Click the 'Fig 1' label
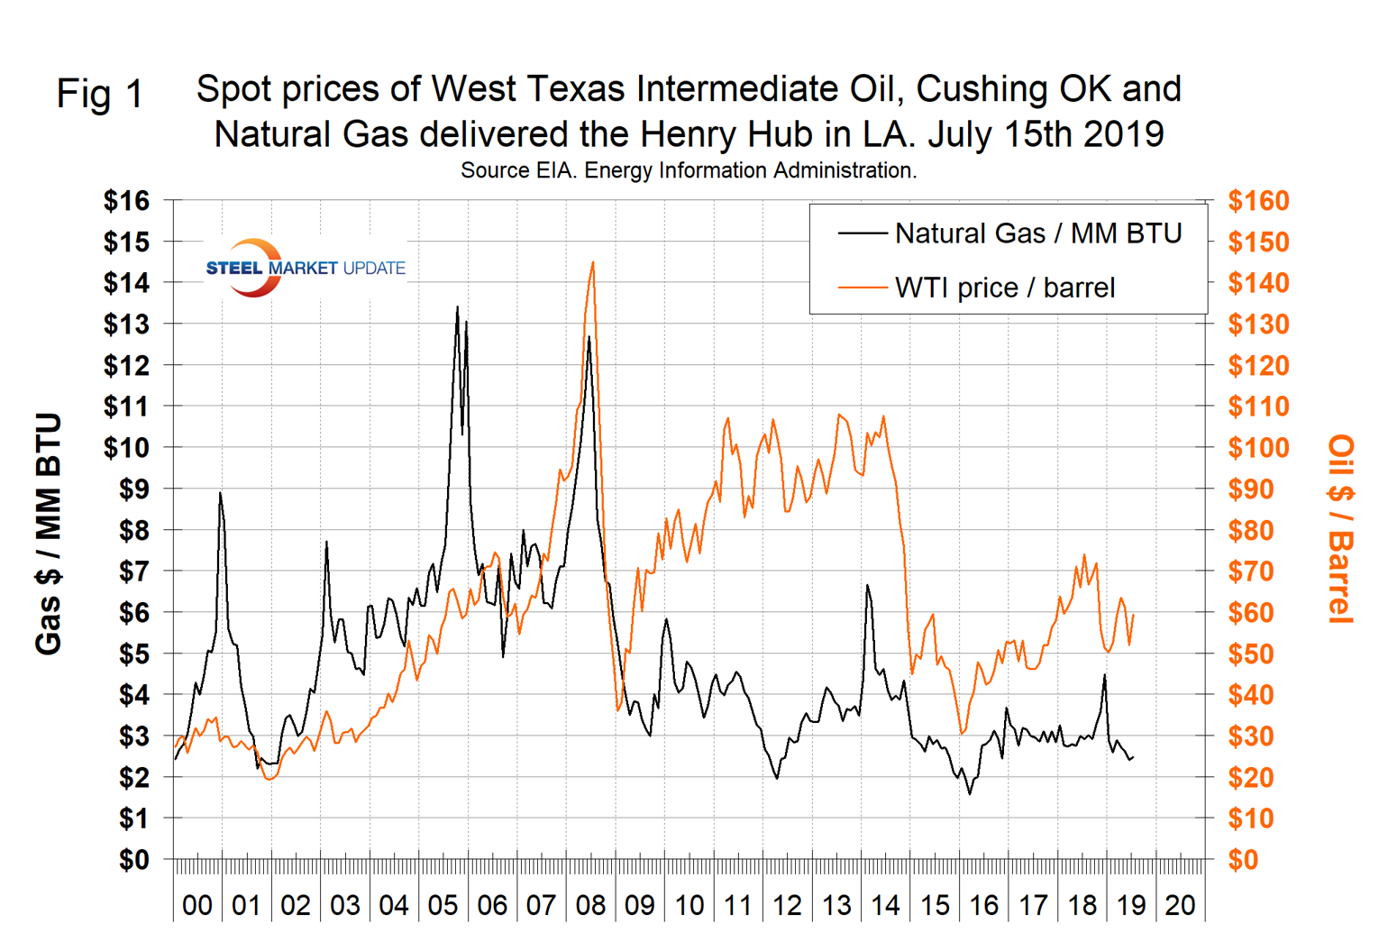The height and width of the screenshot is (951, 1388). click(x=99, y=94)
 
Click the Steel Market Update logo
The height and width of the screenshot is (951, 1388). click(x=305, y=268)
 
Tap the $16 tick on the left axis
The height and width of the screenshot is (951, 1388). click(x=126, y=201)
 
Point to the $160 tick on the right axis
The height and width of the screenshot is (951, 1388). click(x=1258, y=201)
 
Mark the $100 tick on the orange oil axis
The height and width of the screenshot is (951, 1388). click(x=1258, y=448)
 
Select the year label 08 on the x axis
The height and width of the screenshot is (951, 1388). click(x=590, y=904)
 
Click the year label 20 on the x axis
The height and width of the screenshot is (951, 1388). click(x=1180, y=904)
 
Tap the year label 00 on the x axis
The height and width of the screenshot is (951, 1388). click(x=197, y=904)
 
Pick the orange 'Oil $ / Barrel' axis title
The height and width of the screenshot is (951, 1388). click(x=1341, y=529)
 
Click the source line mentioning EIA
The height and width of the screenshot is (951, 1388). click(x=689, y=170)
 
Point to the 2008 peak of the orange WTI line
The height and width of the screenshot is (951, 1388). click(x=592, y=262)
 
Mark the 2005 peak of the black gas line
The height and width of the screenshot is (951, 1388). click(x=457, y=307)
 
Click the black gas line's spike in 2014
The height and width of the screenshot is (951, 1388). click(x=867, y=586)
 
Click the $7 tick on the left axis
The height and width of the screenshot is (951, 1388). click(x=133, y=572)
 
